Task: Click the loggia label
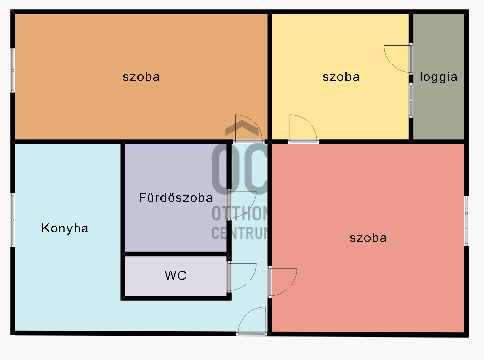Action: pyautogui.click(x=439, y=77)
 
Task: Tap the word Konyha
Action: pyautogui.click(x=65, y=228)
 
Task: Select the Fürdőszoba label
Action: pyautogui.click(x=176, y=197)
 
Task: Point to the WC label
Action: pyautogui.click(x=175, y=276)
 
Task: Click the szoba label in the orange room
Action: pyautogui.click(x=141, y=77)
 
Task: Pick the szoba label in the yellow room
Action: pyautogui.click(x=341, y=77)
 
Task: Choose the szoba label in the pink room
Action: pyautogui.click(x=368, y=238)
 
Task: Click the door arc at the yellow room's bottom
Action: pyautogui.click(x=303, y=127)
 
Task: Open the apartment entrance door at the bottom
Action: pyautogui.click(x=252, y=321)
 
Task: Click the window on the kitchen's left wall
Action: pyautogui.click(x=13, y=220)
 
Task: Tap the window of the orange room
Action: pyautogui.click(x=13, y=70)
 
